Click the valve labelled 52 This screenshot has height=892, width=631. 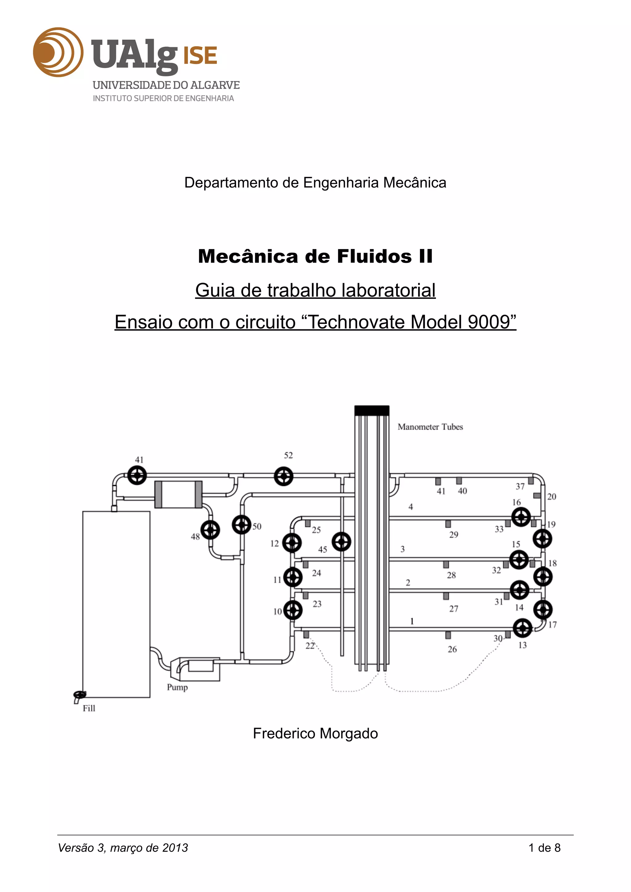click(x=283, y=476)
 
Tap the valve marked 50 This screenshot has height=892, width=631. click(x=242, y=525)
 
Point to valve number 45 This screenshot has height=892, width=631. click(x=341, y=542)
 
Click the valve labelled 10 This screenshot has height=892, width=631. click(x=293, y=610)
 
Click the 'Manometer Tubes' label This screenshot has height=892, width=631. click(x=430, y=427)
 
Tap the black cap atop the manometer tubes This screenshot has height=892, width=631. click(x=372, y=411)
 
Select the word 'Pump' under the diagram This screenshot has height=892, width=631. click(x=177, y=687)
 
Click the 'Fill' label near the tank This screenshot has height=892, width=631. click(x=89, y=708)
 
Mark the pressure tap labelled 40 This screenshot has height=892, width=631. click(x=459, y=481)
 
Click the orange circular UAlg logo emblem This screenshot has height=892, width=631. click(x=58, y=52)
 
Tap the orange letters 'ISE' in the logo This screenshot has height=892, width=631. click(x=200, y=55)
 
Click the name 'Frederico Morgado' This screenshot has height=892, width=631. click(x=315, y=733)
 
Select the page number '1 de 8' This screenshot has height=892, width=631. click(x=544, y=848)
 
